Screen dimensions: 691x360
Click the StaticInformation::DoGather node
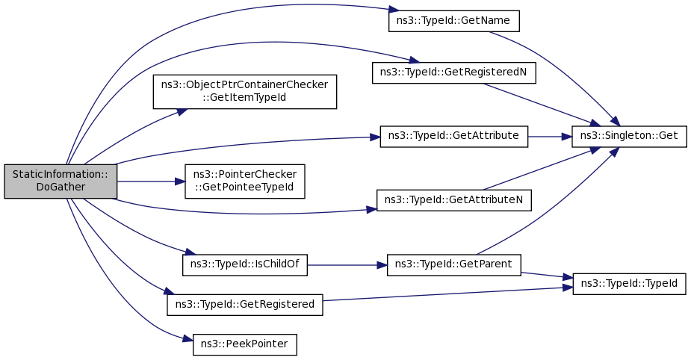click(x=61, y=181)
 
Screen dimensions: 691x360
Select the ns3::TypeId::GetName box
click(x=454, y=21)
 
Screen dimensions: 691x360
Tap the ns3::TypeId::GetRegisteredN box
click(x=454, y=72)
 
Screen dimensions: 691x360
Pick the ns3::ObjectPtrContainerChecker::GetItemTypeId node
click(x=244, y=92)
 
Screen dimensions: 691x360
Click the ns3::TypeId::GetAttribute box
click(x=454, y=137)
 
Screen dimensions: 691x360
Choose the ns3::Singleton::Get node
click(x=629, y=137)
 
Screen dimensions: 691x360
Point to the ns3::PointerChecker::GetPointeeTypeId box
click(x=244, y=181)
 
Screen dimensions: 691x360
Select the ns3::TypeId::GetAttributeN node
click(x=454, y=200)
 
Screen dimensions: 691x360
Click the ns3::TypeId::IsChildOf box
click(x=244, y=265)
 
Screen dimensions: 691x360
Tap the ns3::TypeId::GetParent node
click(x=454, y=265)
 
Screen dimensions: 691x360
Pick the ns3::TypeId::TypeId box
click(x=629, y=285)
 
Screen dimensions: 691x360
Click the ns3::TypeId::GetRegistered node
click(x=244, y=305)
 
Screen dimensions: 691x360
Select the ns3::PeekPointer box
click(x=244, y=344)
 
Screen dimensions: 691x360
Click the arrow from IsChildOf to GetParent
click(x=347, y=265)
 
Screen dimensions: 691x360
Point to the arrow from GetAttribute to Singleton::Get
click(x=550, y=137)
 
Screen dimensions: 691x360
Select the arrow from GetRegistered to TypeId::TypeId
click(x=447, y=294)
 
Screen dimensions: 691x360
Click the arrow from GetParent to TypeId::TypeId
click(x=547, y=275)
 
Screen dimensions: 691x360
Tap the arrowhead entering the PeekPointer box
click(x=188, y=339)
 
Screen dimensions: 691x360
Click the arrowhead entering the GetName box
click(x=394, y=10)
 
